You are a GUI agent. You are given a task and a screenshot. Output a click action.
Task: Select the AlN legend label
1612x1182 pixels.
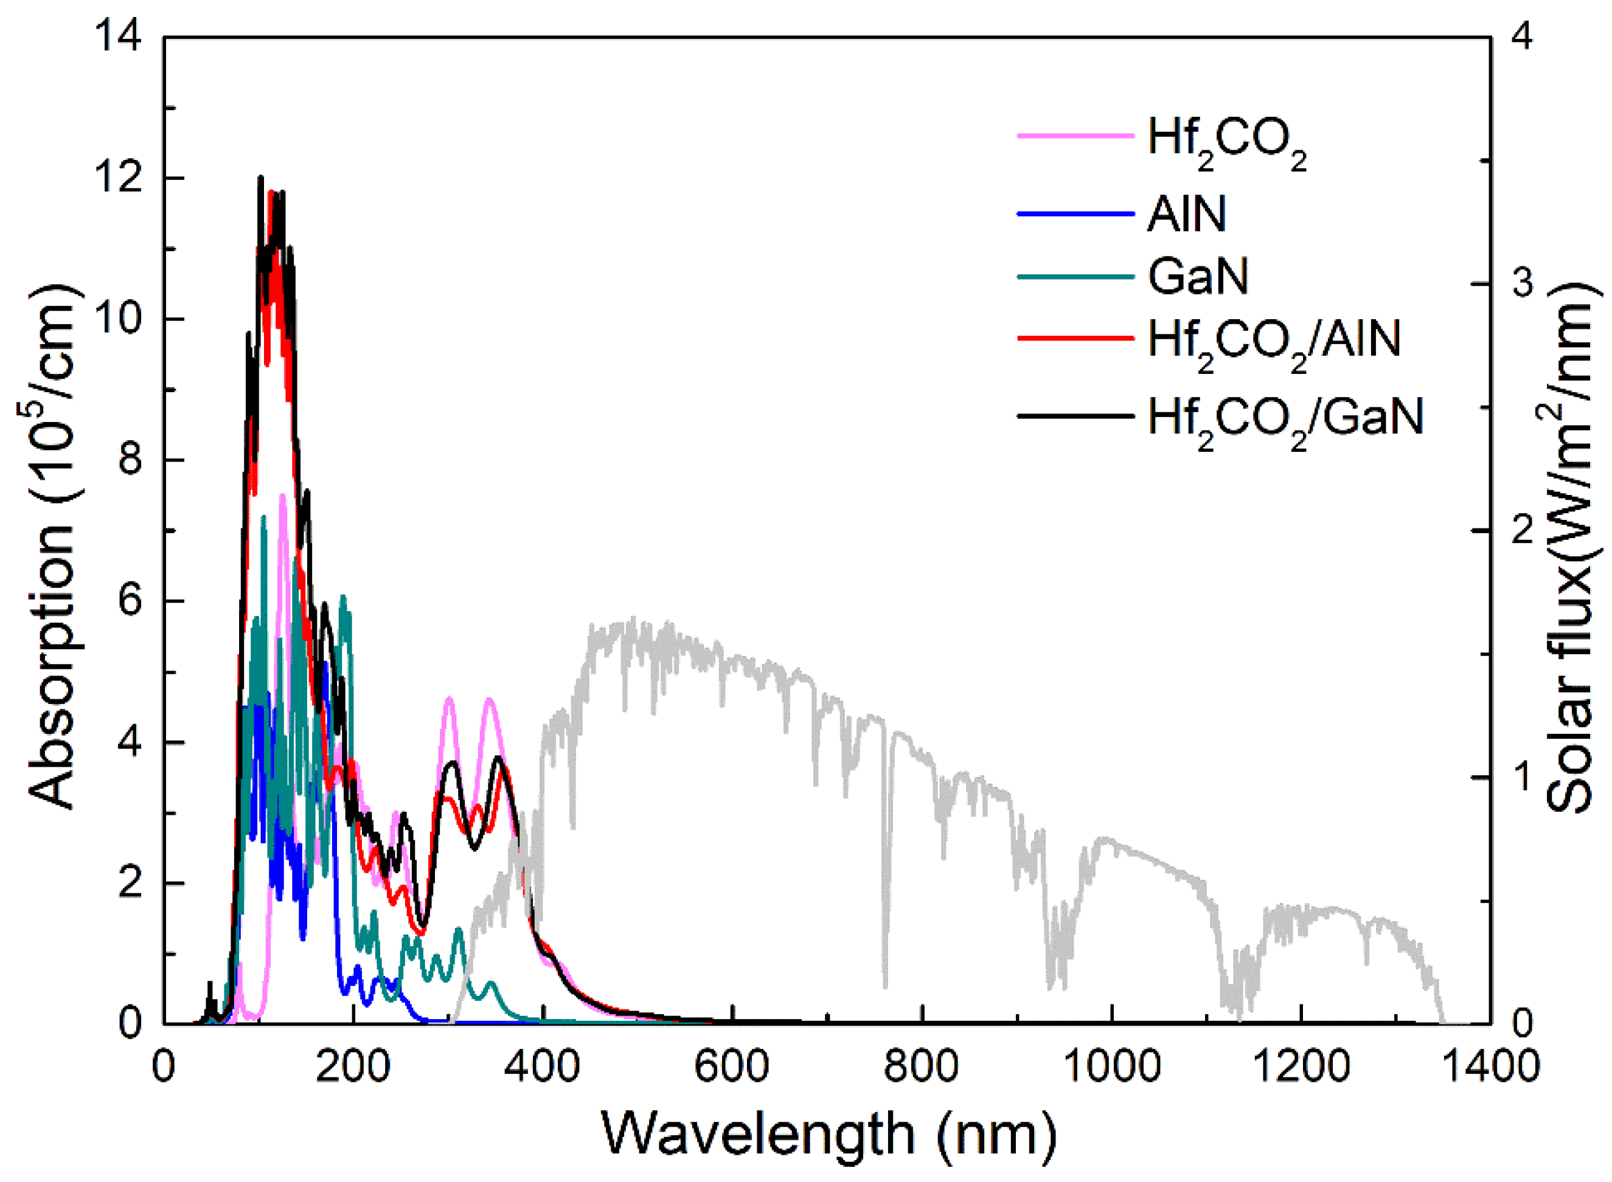[x=1186, y=213]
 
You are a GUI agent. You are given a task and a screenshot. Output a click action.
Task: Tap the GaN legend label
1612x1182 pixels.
[x=1198, y=276]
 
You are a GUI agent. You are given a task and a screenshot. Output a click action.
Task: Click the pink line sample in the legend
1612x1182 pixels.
[x=1075, y=135]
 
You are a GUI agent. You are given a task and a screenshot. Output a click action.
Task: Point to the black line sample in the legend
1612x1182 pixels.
[x=1075, y=416]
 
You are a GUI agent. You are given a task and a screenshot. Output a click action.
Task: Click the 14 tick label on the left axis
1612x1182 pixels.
[x=117, y=36]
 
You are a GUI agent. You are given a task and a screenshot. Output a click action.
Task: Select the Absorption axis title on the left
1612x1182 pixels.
[x=52, y=547]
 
